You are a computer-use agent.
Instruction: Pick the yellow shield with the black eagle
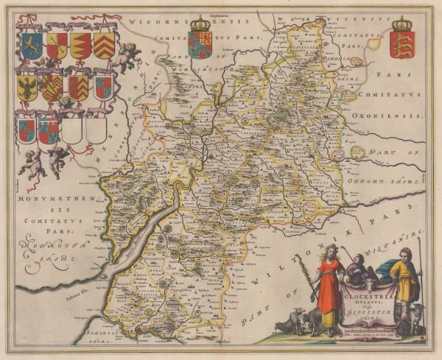click(27, 88)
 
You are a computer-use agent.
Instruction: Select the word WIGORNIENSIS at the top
click(156, 22)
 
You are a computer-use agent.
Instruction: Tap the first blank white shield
click(71, 131)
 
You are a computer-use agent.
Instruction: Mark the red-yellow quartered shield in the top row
click(57, 46)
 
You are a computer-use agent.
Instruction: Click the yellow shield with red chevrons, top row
click(103, 46)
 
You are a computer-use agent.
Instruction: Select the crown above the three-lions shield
click(401, 24)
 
